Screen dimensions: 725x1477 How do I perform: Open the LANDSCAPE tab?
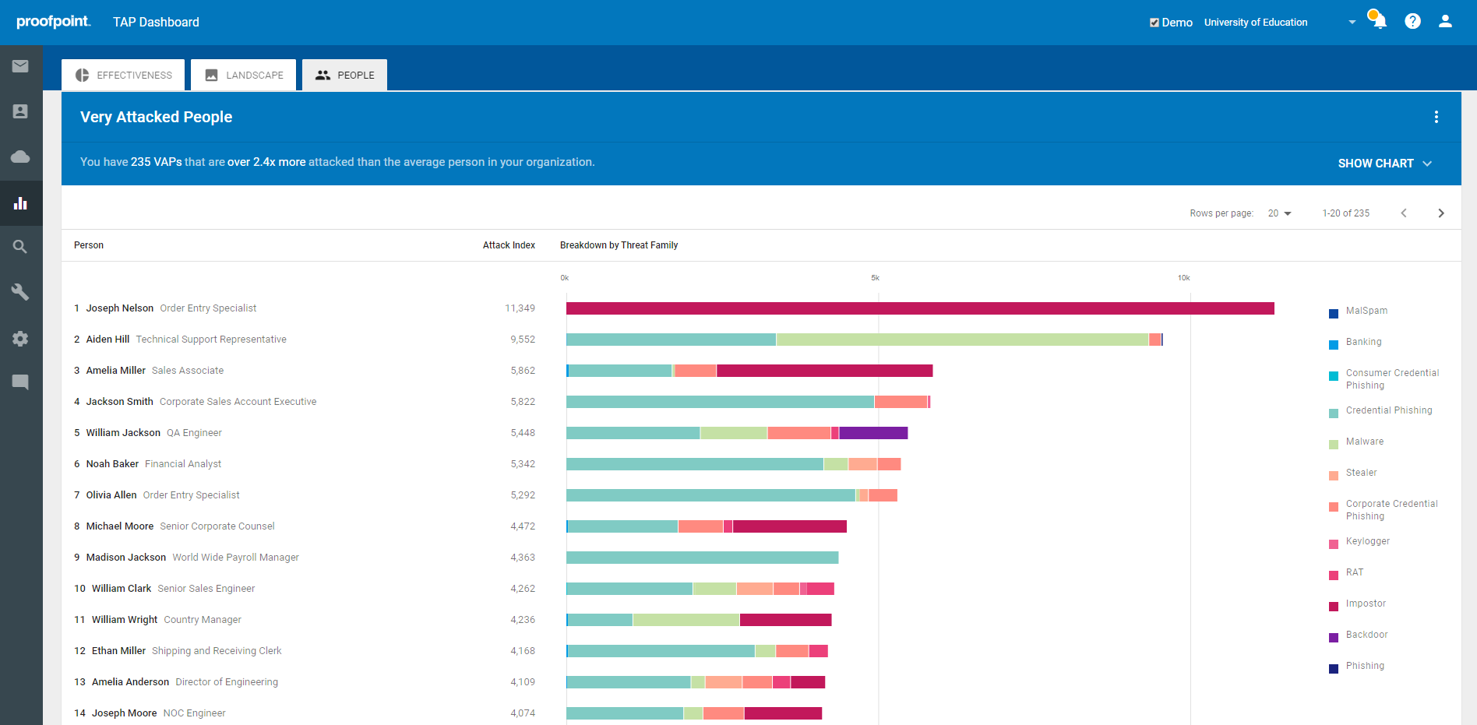pos(244,76)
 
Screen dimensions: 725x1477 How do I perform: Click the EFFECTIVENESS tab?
pos(124,76)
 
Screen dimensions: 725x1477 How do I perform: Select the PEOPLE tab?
pos(345,76)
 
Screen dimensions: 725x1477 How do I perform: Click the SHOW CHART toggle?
pos(1384,164)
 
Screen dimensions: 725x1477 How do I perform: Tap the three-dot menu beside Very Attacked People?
pos(1436,117)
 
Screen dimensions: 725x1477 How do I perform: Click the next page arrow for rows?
pos(1440,213)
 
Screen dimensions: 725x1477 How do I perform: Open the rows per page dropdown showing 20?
pos(1279,213)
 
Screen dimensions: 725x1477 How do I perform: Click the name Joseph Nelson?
pos(119,308)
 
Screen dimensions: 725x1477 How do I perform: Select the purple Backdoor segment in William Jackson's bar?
pos(873,433)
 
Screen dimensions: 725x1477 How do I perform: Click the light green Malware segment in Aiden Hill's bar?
pos(962,340)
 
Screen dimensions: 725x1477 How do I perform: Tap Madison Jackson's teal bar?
pos(702,558)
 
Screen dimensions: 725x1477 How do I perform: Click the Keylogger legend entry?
pos(1367,541)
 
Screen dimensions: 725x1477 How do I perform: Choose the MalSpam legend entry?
pos(1366,311)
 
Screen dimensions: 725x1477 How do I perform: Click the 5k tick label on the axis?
pos(875,278)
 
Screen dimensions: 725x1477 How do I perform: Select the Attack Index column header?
pos(509,245)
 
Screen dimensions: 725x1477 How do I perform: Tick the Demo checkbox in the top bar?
pos(1154,23)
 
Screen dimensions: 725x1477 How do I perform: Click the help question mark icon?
pos(1412,22)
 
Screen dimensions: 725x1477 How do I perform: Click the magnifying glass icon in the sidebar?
pos(20,247)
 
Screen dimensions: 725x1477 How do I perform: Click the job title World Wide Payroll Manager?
pos(235,558)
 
